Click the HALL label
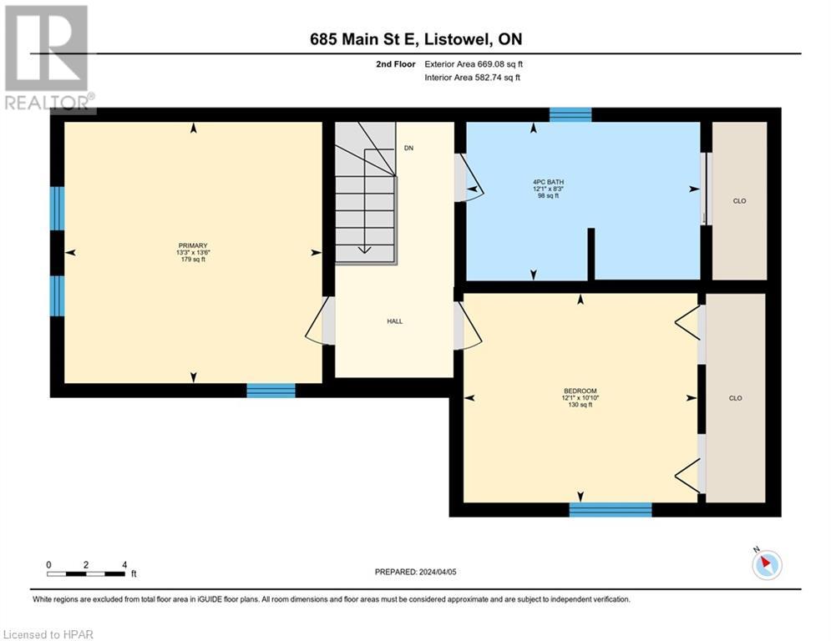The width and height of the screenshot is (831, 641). (x=394, y=320)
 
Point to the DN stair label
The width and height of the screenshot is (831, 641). (x=408, y=148)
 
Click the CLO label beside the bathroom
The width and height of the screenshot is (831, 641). (x=739, y=200)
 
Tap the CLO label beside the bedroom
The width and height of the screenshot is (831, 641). (x=736, y=398)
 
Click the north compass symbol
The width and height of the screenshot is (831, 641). (x=766, y=564)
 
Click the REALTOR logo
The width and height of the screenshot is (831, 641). (x=47, y=57)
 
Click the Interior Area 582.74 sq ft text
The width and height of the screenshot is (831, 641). (x=474, y=78)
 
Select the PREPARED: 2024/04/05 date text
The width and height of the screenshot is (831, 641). (x=416, y=572)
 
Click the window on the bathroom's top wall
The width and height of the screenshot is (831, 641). (x=570, y=115)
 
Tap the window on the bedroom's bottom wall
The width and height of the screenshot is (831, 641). (x=611, y=509)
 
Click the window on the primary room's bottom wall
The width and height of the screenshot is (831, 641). (x=271, y=390)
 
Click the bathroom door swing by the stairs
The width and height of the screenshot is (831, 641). (x=469, y=178)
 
